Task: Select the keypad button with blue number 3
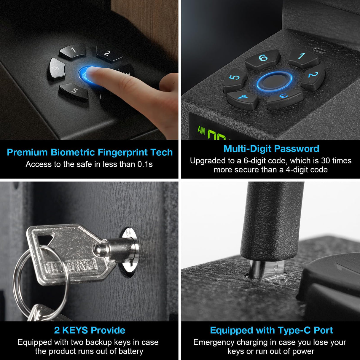284,98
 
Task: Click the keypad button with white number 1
73,51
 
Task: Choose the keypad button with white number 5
74,91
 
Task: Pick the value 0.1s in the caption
145,164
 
